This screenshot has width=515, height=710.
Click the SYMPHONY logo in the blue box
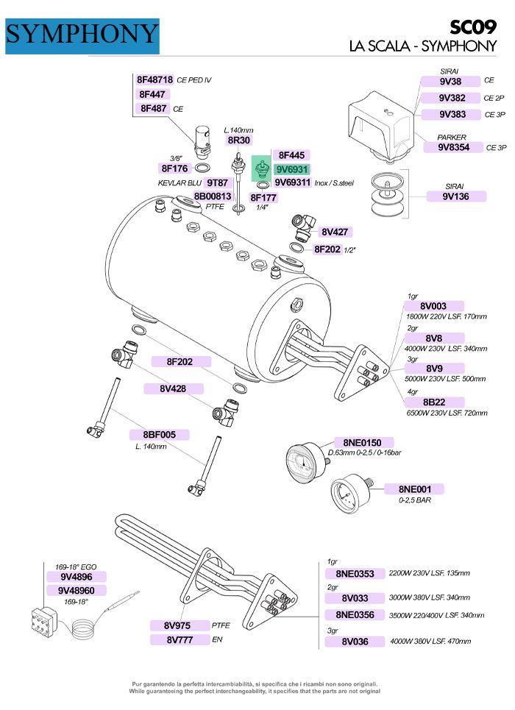(x=82, y=35)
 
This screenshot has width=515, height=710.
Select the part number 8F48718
(x=154, y=80)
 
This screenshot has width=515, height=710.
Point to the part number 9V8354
(x=455, y=147)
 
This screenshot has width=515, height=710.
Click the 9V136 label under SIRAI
(x=456, y=196)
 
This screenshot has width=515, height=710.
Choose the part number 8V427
(x=339, y=232)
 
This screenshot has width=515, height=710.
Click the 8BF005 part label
(x=160, y=435)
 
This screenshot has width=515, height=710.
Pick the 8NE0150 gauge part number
(x=362, y=442)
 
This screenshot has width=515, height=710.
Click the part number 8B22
(x=433, y=402)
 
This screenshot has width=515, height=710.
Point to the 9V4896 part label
(x=77, y=578)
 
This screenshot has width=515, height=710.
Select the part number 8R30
(x=238, y=140)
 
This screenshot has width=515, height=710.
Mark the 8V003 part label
(x=433, y=306)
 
